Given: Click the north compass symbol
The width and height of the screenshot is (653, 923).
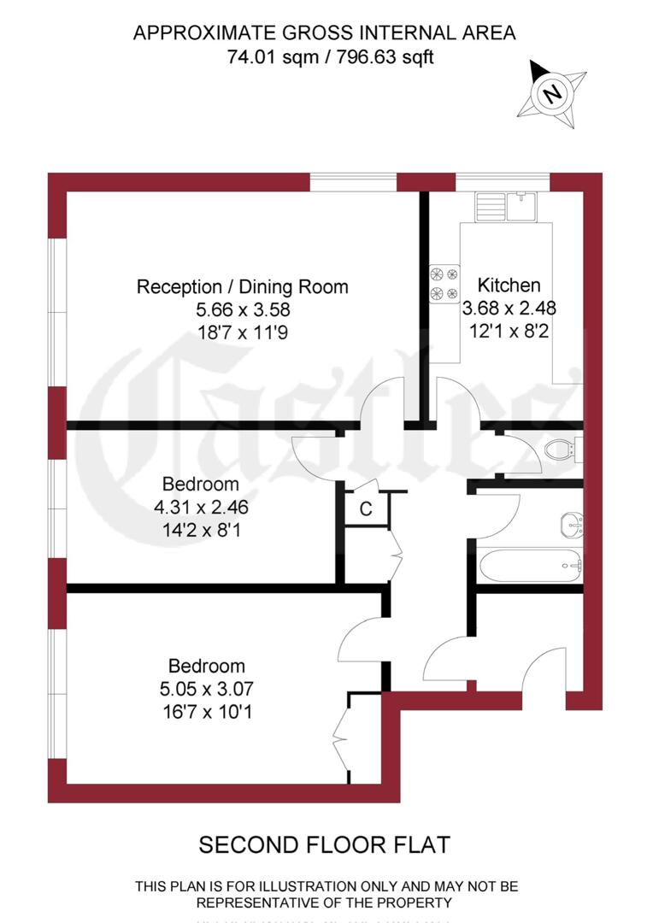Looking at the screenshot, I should point(552,92).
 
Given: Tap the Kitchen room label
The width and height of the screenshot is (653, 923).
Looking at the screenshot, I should point(509,285).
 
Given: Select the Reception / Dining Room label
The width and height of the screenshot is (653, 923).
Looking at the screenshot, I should point(243,287).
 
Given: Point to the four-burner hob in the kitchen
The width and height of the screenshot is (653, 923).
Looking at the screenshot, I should point(444,284).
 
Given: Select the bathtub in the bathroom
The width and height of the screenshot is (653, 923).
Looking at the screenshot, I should point(529,564).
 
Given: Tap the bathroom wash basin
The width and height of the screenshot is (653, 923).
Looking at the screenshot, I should point(571,521).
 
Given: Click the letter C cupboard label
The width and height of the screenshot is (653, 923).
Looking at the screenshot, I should point(366,509).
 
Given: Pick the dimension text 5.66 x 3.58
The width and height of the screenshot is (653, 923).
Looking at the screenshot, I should point(243,310).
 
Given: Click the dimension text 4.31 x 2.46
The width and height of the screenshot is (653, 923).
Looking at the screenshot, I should point(201,507).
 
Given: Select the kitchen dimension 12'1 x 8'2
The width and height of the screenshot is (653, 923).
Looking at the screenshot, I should point(509,330).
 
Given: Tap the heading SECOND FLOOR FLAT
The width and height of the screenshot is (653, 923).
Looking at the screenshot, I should point(324,845).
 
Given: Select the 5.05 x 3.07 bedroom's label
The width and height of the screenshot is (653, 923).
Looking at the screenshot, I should point(207,666).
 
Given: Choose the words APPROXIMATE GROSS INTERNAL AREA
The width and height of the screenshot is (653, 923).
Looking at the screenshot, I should point(325,33).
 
